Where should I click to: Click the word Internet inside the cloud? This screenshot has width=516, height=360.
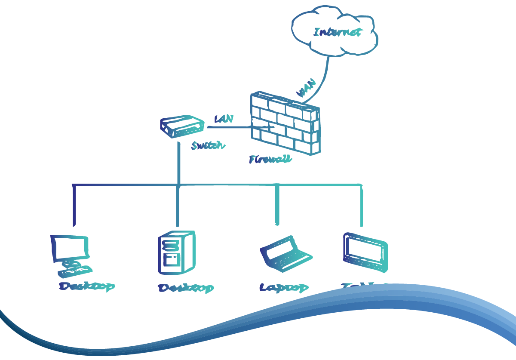click(x=337, y=32)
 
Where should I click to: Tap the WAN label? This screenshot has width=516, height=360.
click(x=307, y=88)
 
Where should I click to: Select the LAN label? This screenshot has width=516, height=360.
click(x=224, y=119)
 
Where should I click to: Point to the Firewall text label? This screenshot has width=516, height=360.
click(x=270, y=159)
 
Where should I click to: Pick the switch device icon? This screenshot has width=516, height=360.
click(x=181, y=126)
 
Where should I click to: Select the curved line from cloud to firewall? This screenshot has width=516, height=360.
click(x=325, y=77)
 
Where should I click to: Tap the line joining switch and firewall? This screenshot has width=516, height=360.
click(x=232, y=127)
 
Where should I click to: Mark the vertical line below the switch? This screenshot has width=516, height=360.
click(x=178, y=163)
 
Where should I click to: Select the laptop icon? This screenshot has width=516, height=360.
click(x=285, y=255)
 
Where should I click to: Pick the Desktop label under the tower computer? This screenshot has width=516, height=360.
click(x=186, y=288)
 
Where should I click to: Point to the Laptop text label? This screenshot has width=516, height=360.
click(x=284, y=287)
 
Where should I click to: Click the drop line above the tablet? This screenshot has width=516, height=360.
click(x=361, y=206)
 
